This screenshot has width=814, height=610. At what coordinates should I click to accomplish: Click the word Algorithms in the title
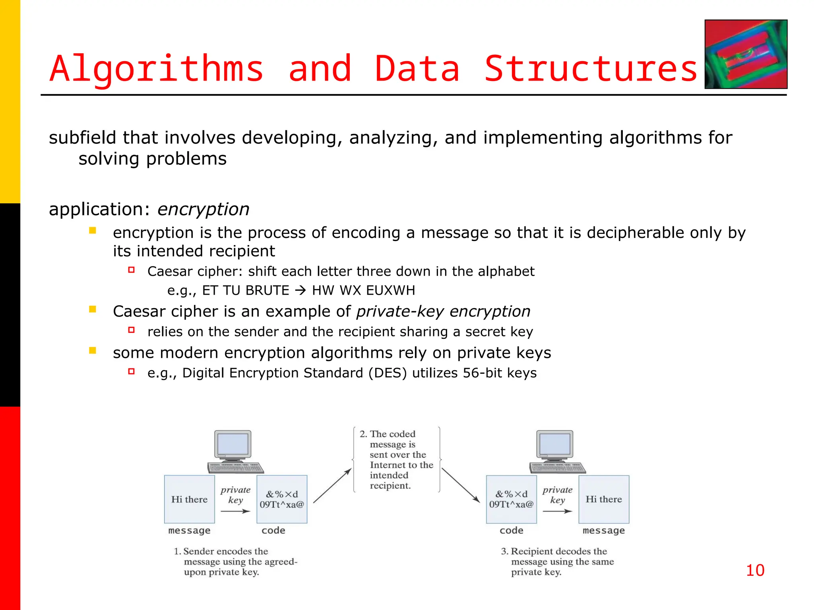point(157,68)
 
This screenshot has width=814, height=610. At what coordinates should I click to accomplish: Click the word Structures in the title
point(591,68)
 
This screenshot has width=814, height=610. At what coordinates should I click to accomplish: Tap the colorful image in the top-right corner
point(746,54)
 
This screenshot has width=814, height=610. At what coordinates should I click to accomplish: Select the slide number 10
point(755,571)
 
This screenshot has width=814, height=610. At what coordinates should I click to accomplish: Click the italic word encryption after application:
point(203,209)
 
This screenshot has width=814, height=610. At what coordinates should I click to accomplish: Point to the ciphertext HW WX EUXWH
point(363,290)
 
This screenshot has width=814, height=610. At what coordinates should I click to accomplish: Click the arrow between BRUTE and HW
point(300,290)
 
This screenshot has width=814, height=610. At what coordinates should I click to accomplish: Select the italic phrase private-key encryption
point(443,311)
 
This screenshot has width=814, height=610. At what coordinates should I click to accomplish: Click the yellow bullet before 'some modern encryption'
point(93,350)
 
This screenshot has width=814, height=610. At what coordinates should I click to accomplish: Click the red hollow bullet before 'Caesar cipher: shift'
point(132,270)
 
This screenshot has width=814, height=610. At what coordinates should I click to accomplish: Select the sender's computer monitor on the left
point(233,445)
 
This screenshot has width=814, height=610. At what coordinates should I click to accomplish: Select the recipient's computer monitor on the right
point(555,445)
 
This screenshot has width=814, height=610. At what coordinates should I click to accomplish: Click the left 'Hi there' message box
point(190,499)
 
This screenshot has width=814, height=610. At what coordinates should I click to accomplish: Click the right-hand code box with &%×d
point(511,499)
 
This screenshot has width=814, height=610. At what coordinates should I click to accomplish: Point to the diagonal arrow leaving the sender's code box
point(332,486)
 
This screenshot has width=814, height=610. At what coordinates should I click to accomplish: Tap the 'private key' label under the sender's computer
point(236,495)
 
